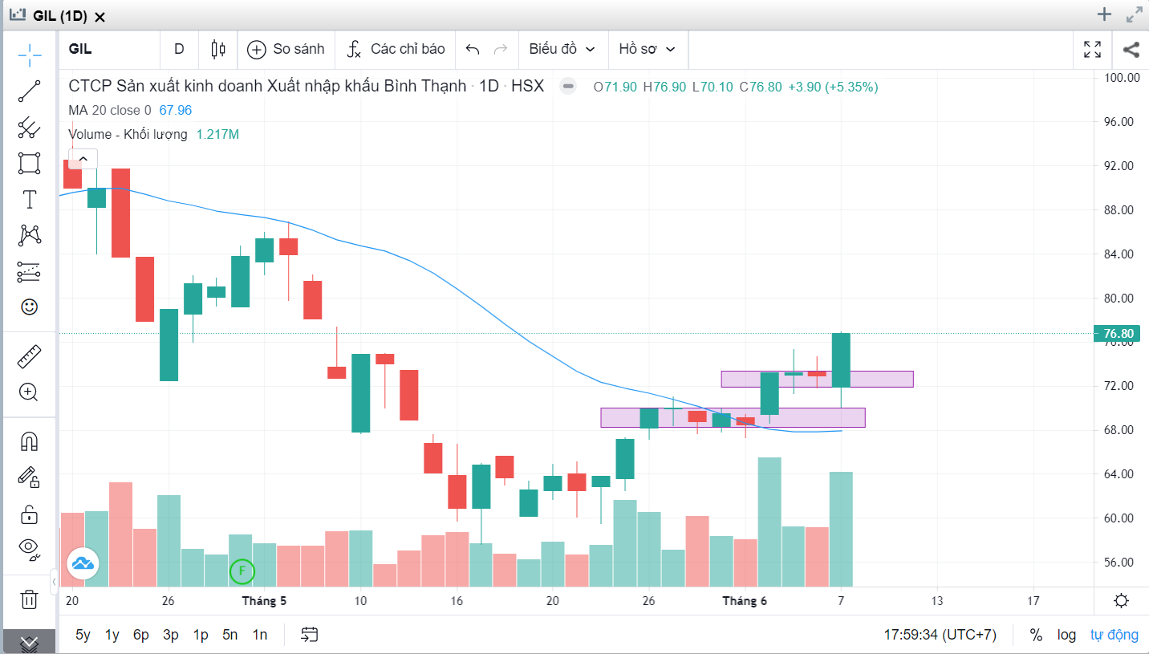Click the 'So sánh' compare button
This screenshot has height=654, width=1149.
[x=286, y=49]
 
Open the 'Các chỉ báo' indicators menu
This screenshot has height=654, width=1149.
[x=396, y=49]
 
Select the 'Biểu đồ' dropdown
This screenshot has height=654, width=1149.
[x=562, y=49]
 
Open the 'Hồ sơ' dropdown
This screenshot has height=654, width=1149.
[x=647, y=49]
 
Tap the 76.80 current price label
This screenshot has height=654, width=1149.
[x=1118, y=334]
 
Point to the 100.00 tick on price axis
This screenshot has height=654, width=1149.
[x=1122, y=78]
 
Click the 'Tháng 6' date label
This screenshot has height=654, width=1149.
[x=744, y=601]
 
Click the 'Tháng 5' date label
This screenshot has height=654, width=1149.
[x=264, y=601]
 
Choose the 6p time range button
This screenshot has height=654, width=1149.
[x=141, y=635]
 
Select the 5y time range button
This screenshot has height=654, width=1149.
[x=83, y=635]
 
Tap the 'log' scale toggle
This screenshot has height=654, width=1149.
[x=1066, y=635]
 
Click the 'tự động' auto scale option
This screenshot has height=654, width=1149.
[x=1114, y=635]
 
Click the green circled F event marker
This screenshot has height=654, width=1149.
[x=242, y=572]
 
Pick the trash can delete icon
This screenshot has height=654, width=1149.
[x=29, y=599]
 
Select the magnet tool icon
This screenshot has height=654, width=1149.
[x=29, y=441]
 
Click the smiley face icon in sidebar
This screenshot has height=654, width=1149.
[x=29, y=307]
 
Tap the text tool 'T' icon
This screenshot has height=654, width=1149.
[x=29, y=199]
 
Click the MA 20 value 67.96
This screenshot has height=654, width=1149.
[x=175, y=111]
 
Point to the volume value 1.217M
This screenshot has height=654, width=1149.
[x=217, y=135]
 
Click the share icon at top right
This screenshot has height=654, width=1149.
[x=1131, y=49]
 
